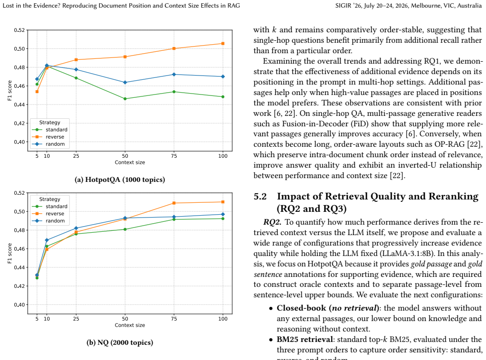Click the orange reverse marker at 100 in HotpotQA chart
tap(223, 44)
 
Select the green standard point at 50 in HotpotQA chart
tap(125, 99)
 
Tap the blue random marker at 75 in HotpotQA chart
tap(174, 75)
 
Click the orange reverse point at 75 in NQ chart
tap(174, 203)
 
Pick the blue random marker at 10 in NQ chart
tap(47, 240)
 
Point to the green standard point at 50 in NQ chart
tap(125, 229)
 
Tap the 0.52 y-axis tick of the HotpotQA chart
tap(19, 30)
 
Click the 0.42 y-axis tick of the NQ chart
tap(19, 286)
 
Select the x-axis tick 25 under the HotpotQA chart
tap(76, 156)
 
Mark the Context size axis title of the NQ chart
tap(130, 325)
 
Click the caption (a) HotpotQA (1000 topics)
tap(120, 180)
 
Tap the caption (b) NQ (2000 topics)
tap(120, 342)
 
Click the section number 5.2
tap(260, 197)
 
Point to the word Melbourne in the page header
tap(425, 6)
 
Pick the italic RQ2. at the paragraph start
tap(272, 222)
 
